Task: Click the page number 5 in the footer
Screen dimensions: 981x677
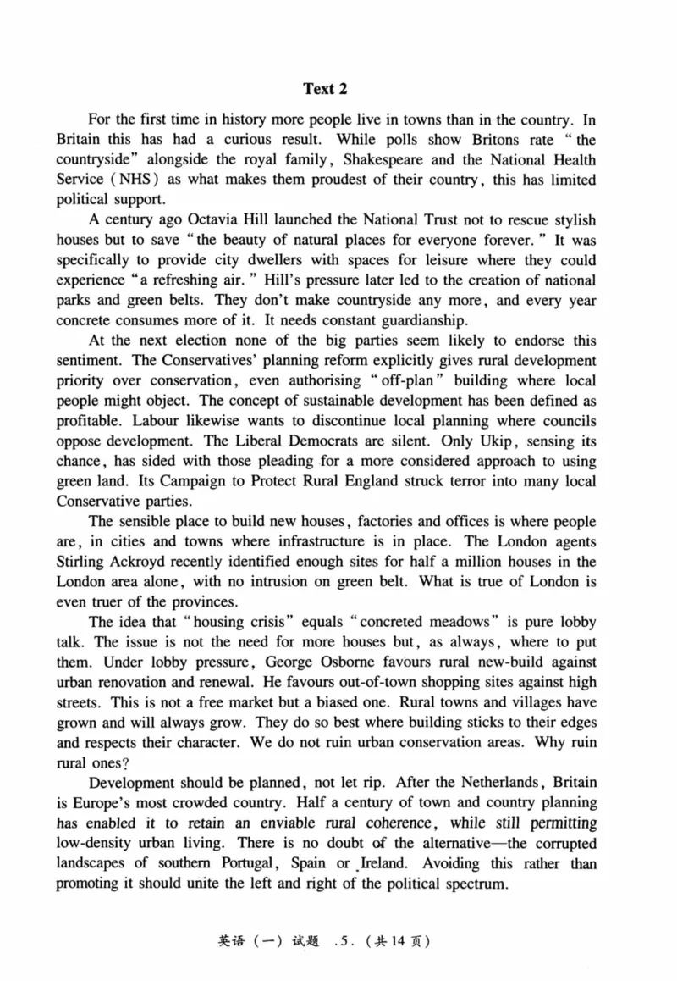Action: click(342, 941)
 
